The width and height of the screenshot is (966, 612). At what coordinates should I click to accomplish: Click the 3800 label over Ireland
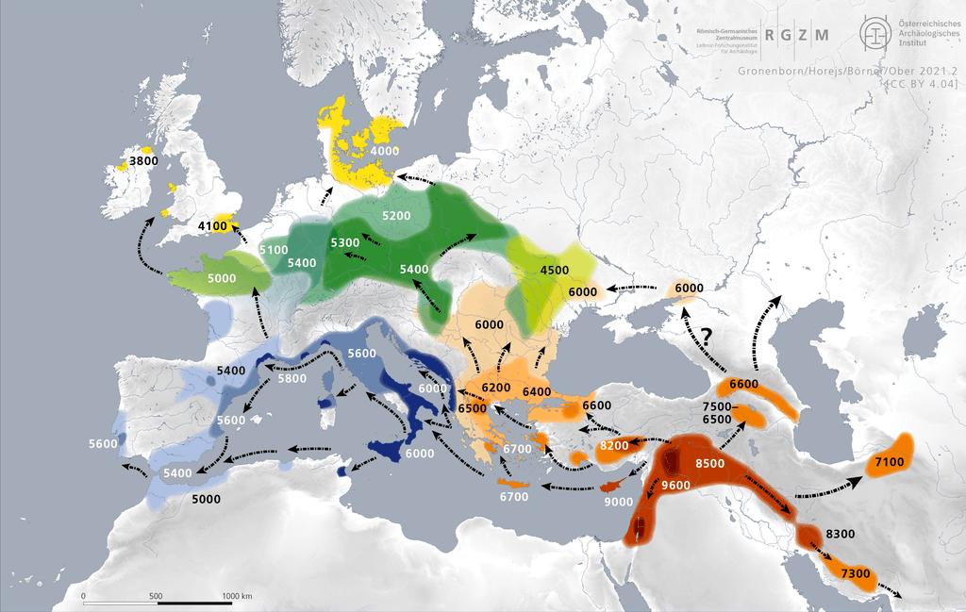[x=143, y=161]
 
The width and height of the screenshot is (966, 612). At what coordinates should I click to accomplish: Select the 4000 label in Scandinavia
[x=385, y=151]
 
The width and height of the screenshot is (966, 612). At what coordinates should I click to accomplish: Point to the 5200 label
[x=396, y=216]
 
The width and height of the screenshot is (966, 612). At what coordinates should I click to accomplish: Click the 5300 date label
[x=345, y=243]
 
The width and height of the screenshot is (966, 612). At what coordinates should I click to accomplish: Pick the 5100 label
[x=274, y=250]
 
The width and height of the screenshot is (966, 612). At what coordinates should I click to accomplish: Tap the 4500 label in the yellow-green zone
[x=554, y=270]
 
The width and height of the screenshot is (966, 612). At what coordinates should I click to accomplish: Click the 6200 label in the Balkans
[x=495, y=388]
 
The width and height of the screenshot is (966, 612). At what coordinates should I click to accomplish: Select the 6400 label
[x=536, y=391]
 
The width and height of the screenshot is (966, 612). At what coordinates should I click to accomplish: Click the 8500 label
[x=710, y=464]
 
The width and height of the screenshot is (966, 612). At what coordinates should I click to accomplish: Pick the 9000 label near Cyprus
[x=618, y=503]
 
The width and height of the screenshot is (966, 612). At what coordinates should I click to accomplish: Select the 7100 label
[x=890, y=462]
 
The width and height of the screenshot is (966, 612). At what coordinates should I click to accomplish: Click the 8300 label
[x=840, y=534]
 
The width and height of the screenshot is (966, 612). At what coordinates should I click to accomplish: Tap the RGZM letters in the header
[x=797, y=36]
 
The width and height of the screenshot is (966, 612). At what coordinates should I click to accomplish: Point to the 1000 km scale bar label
[x=237, y=596]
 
